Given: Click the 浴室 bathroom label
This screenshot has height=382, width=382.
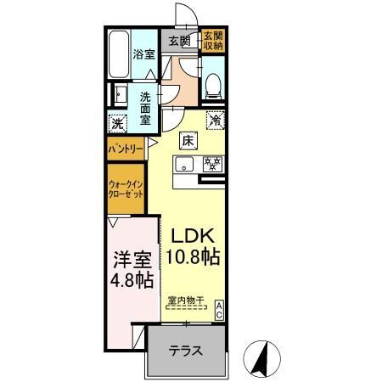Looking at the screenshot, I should (x=143, y=54).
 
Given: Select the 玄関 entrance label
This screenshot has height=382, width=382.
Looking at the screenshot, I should (x=178, y=40).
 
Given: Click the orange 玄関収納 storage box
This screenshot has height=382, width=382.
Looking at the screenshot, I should (x=212, y=40).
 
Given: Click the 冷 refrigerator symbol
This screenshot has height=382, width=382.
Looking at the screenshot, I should (x=216, y=121).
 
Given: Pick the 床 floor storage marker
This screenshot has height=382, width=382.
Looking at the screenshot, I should (x=187, y=142).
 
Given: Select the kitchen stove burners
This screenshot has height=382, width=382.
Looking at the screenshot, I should (x=211, y=164).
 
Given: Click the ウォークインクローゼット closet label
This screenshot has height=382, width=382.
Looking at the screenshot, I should (x=124, y=188).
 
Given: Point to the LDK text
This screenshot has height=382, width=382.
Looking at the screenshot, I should (x=194, y=236).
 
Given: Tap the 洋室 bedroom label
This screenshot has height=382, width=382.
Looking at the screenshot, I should (x=132, y=256).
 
